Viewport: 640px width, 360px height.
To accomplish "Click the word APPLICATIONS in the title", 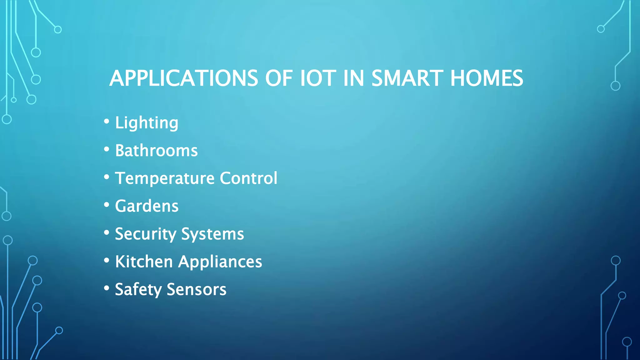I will [x=184, y=78].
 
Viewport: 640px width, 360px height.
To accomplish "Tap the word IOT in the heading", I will [x=318, y=78].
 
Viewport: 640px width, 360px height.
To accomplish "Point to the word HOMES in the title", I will [x=487, y=78].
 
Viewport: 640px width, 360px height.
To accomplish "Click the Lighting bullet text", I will [x=147, y=123].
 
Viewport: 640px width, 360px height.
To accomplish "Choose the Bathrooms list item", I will [x=156, y=151].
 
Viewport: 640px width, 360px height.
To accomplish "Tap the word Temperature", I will [x=165, y=178].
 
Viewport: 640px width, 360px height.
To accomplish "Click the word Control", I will [x=248, y=178].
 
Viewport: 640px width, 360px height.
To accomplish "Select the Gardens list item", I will [x=147, y=206].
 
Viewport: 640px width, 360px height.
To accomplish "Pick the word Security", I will [x=146, y=234].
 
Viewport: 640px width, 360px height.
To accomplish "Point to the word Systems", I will [x=212, y=234].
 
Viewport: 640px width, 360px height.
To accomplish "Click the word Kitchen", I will [x=144, y=262].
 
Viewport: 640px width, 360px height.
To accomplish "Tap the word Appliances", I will [x=220, y=262].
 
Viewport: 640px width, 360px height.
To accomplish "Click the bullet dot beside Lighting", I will [x=107, y=121].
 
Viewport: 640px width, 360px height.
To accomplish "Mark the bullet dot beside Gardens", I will [x=107, y=205].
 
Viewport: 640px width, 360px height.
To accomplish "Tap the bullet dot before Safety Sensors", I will [x=107, y=288].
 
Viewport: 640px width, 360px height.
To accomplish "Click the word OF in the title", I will [x=279, y=78].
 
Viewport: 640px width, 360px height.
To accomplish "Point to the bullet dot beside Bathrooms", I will [x=107, y=149].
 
